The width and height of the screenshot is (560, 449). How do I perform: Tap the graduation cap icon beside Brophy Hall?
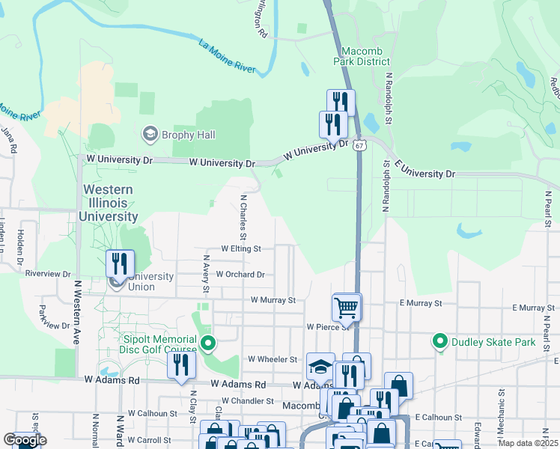click(150, 134)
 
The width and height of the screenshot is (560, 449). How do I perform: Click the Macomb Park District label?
click(366, 56)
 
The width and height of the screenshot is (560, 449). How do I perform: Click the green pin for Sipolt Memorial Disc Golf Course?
click(208, 343)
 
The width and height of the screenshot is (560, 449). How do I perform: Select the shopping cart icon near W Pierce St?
click(347, 307)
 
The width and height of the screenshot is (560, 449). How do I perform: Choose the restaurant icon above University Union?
click(120, 263)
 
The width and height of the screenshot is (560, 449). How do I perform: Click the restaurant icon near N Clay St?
click(180, 365)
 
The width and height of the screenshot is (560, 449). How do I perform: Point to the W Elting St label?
click(240, 248)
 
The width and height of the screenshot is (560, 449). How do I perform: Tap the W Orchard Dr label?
click(240, 275)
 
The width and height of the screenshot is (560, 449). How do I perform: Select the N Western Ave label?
click(77, 312)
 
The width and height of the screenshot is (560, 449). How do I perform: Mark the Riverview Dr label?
click(47, 274)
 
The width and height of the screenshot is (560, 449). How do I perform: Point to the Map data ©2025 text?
click(528, 443)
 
